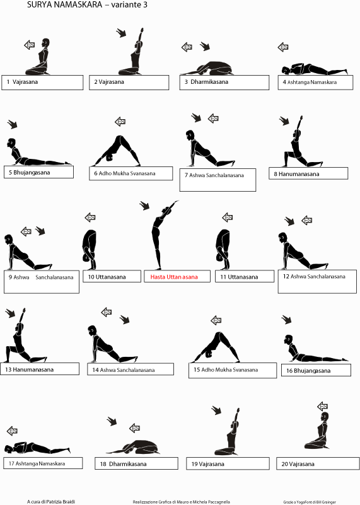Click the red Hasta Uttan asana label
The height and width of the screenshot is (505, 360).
pyautogui.click(x=174, y=277)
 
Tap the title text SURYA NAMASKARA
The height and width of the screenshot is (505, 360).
pyautogui.click(x=64, y=5)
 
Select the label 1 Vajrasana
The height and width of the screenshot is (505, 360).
pyautogui.click(x=22, y=82)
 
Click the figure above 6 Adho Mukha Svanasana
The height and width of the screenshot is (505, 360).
pyautogui.click(x=116, y=151)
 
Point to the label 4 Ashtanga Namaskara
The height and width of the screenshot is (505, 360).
pyautogui.click(x=310, y=82)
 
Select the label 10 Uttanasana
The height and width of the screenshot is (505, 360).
pyautogui.click(x=107, y=277)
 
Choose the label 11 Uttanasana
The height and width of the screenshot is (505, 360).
pyautogui.click(x=239, y=277)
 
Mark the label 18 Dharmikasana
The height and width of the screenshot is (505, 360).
pyautogui.click(x=123, y=464)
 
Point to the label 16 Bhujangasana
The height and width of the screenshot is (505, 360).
pyautogui.click(x=308, y=370)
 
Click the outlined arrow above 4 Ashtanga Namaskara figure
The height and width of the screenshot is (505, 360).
pyautogui.click(x=283, y=47)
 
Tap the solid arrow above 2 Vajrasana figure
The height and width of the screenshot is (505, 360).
pyautogui.click(x=121, y=33)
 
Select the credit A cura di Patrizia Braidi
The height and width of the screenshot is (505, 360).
pyautogui.click(x=51, y=501)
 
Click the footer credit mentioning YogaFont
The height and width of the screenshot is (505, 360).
pyautogui.click(x=310, y=502)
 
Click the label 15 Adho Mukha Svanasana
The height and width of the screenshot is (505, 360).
pyautogui.click(x=226, y=369)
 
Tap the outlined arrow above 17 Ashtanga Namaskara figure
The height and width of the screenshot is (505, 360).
pyautogui.click(x=12, y=431)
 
